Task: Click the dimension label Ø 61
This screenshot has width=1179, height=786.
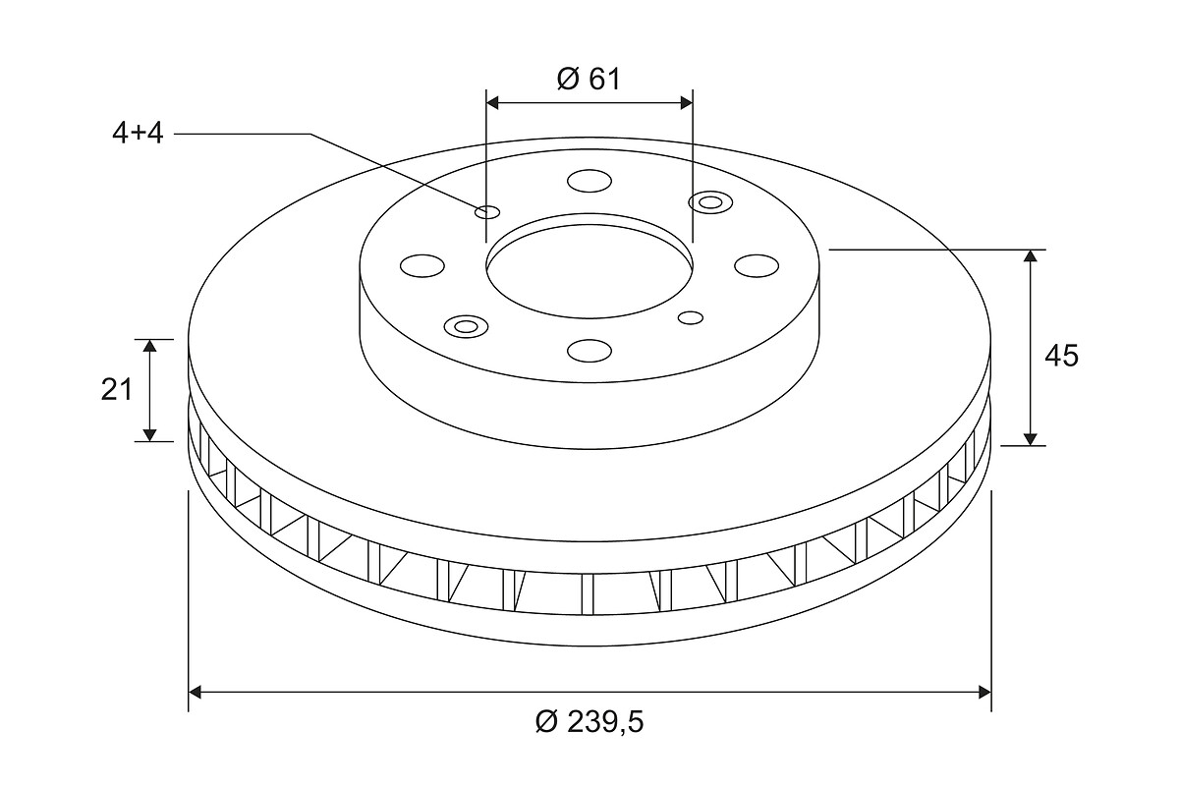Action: (589, 80)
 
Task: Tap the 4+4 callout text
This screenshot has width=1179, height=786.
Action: (138, 134)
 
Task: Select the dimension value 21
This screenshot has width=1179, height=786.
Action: (116, 390)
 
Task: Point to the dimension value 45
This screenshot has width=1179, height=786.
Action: (1061, 356)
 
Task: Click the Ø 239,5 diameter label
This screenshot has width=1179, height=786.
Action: (589, 722)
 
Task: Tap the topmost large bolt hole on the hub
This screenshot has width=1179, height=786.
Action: (589, 181)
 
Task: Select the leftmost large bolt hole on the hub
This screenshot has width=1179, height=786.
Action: (422, 265)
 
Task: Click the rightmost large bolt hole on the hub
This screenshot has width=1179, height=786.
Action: (757, 265)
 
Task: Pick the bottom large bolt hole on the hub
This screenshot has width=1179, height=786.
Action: (589, 350)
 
